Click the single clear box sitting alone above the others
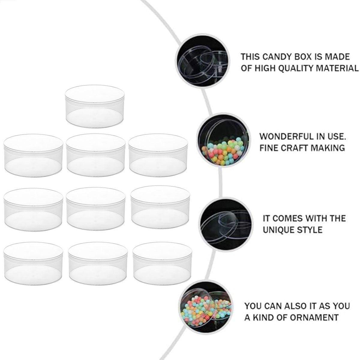(95, 106)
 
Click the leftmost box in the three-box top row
(33, 156)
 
